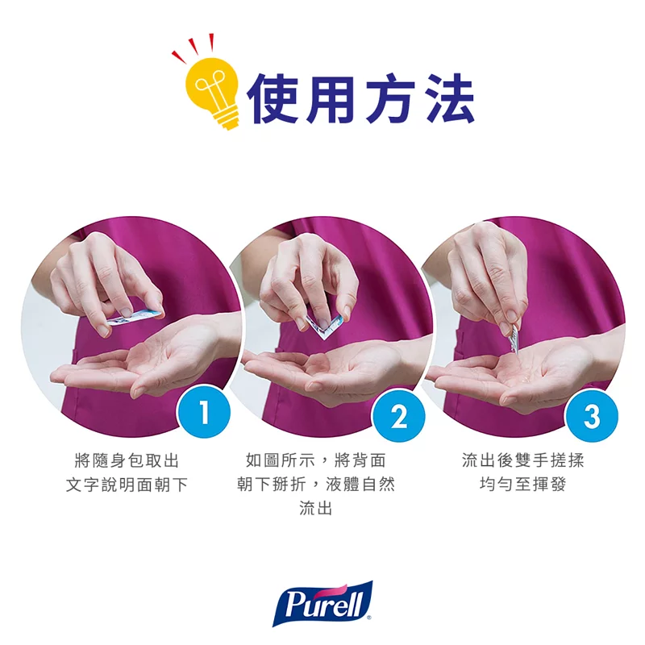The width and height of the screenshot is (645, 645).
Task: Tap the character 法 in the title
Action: point(445,97)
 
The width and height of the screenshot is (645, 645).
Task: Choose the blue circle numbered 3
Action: point(593,416)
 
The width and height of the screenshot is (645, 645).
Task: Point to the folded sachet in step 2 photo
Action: point(326,325)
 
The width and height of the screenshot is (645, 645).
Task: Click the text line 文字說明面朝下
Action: point(127,485)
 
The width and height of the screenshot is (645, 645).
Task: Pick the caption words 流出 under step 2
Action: point(316,509)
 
